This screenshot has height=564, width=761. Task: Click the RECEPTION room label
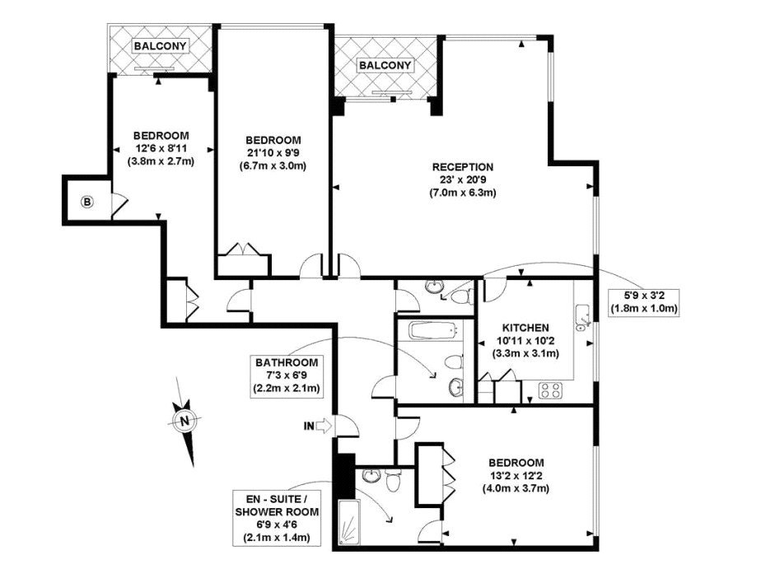click(463, 167)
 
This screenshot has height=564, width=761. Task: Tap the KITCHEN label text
click(525, 329)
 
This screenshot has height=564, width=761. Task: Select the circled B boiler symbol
click(87, 202)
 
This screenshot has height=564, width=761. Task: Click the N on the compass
click(184, 421)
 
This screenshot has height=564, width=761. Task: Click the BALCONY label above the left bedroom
click(160, 46)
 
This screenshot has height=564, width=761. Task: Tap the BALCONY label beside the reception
click(385, 65)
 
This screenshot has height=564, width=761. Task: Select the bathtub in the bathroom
click(433, 331)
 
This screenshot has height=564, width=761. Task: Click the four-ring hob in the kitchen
click(551, 389)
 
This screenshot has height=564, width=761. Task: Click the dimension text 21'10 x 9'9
click(273, 153)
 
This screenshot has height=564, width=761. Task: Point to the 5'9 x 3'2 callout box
click(643, 302)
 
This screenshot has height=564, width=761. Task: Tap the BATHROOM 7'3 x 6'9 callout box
click(287, 375)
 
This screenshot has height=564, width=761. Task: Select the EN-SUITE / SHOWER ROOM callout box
click(277, 519)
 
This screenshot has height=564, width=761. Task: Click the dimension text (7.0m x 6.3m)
click(463, 193)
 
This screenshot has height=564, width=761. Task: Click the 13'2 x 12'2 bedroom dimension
click(516, 476)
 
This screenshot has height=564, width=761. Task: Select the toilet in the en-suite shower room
click(393, 479)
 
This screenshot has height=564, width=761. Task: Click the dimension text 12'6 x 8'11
click(161, 148)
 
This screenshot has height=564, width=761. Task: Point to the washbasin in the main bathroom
click(455, 387)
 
